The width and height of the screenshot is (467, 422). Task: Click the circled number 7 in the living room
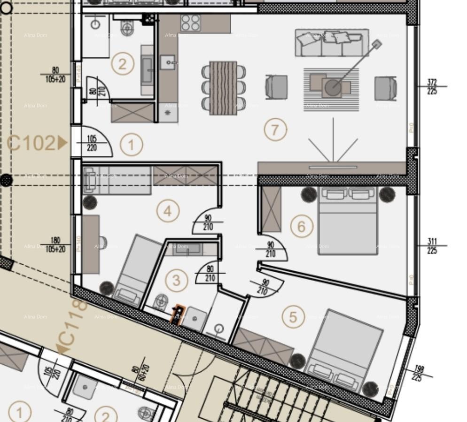click(x=275, y=130)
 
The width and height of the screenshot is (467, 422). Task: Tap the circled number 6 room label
click(x=301, y=227)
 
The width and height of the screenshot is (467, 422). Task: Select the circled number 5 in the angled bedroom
click(x=293, y=317)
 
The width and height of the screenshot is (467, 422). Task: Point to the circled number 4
click(x=168, y=211)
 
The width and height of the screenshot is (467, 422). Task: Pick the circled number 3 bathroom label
click(x=176, y=280)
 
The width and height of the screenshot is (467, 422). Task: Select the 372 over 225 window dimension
click(x=432, y=86)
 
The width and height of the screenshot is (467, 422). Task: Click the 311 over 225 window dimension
click(x=432, y=246)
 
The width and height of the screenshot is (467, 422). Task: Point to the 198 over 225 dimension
click(x=417, y=373)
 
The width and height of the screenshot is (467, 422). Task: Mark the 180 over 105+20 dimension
click(x=55, y=245)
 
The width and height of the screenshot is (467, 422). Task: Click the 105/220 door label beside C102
click(x=92, y=143)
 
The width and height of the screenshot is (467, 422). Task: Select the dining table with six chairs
click(x=223, y=88)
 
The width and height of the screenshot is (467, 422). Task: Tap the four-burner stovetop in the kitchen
click(x=191, y=23)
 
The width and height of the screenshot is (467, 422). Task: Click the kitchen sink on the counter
click(x=167, y=61)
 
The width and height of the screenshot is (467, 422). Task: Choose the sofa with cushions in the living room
click(x=332, y=43)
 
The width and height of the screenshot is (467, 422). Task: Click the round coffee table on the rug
click(x=333, y=86)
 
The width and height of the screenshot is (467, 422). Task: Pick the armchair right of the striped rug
click(x=386, y=88)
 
